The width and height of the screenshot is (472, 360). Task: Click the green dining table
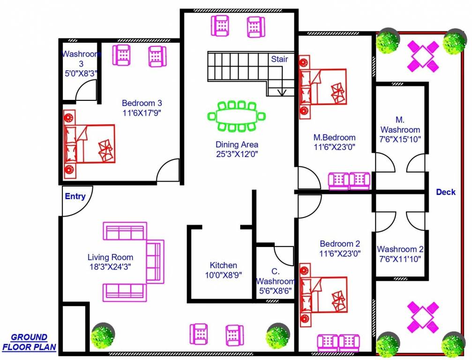pos(236,116)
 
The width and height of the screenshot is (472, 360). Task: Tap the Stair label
pos(279,60)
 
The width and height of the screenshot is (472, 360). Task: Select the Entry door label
pos(75,196)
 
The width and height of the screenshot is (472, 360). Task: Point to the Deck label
pos(446,192)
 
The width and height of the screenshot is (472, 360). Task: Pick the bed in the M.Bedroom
pos(323,88)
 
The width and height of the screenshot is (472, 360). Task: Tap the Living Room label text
pos(110,257)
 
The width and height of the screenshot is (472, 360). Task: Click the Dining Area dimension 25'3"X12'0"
pos(237,153)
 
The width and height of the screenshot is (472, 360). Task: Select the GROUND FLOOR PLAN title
pos(29,342)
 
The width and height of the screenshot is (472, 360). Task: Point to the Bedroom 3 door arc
pos(168,170)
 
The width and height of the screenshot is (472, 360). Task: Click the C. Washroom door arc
pos(284,255)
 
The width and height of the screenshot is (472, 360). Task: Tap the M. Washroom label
pos(400,125)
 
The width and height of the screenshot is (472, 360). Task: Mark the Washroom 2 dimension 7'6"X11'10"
pos(400,258)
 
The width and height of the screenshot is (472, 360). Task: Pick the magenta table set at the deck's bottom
pos(423,318)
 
